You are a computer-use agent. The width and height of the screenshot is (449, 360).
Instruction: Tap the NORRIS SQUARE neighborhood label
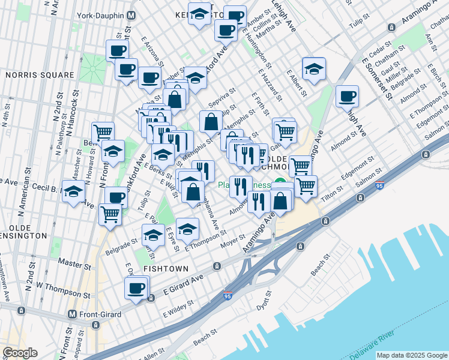coord(40,75)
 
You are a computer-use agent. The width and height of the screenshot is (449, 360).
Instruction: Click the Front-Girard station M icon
coord(72,314)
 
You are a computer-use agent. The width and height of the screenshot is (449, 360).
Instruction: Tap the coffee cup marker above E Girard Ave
coord(136,289)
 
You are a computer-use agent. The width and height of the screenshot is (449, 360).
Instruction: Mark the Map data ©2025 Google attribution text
coord(412,355)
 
